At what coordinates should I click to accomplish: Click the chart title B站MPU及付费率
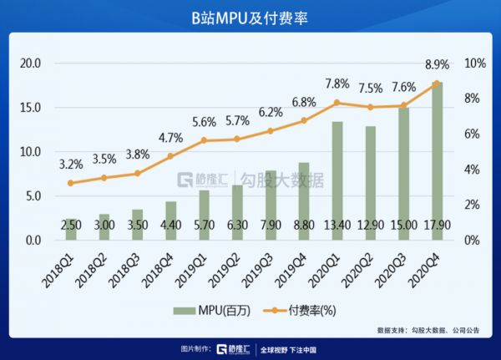click(250, 18)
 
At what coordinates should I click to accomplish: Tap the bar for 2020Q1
click(337, 180)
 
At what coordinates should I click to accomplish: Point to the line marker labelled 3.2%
click(71, 183)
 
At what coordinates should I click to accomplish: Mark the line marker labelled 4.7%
click(170, 156)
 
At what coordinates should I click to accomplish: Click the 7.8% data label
click(337, 84)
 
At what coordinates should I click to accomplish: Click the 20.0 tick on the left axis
click(31, 63)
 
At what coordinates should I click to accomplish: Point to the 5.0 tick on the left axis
click(33, 196)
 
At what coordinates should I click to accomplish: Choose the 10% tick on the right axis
click(475, 63)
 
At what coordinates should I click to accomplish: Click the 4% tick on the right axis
click(473, 170)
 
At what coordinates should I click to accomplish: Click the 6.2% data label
click(271, 112)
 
